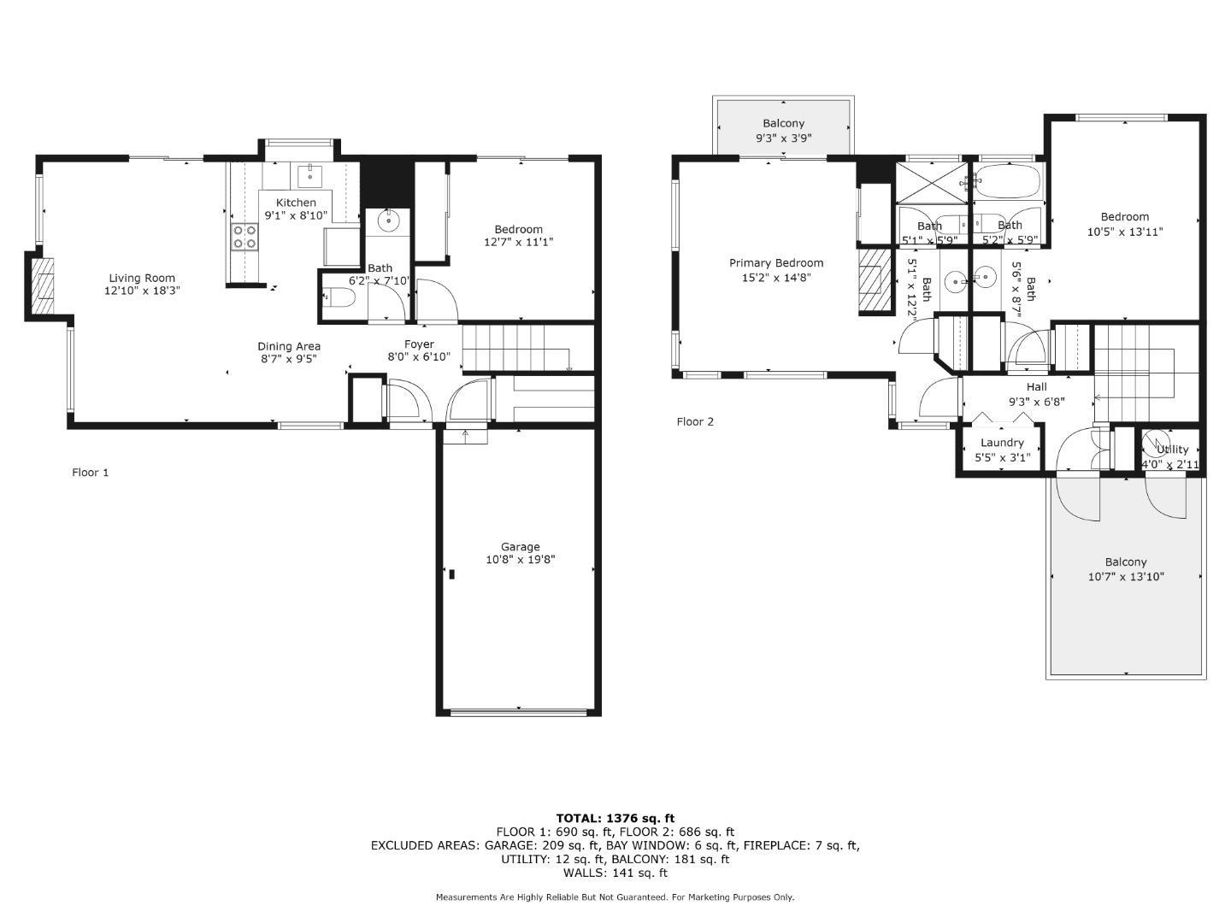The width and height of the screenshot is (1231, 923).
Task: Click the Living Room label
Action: tap(142, 278)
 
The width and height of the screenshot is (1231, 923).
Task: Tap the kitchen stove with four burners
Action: tap(244, 237)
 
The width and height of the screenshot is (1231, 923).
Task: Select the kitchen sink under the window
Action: tap(309, 176)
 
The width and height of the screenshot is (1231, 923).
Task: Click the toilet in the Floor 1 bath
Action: tap(340, 298)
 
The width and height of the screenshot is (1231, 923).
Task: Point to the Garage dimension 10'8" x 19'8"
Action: tap(520, 561)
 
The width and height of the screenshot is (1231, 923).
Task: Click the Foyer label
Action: tap(419, 344)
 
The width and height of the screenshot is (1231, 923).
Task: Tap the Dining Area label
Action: tap(289, 346)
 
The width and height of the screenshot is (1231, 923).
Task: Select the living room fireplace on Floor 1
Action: tap(42, 285)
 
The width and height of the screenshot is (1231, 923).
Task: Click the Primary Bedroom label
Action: tap(776, 263)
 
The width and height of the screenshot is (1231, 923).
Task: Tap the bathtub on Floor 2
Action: tap(1009, 181)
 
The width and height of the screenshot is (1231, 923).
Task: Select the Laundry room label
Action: tap(1002, 443)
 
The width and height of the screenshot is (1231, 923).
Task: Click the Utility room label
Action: tap(1172, 450)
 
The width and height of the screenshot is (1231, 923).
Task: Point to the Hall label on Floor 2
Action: tap(1036, 387)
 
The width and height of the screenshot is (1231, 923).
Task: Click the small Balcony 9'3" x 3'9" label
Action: tap(783, 124)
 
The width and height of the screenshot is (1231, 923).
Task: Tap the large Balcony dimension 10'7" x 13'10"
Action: tap(1125, 577)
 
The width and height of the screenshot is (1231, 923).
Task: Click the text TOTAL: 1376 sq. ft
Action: tap(615, 818)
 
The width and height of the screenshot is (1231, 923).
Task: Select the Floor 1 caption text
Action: tap(90, 473)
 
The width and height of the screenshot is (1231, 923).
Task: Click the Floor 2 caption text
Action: tap(694, 421)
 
